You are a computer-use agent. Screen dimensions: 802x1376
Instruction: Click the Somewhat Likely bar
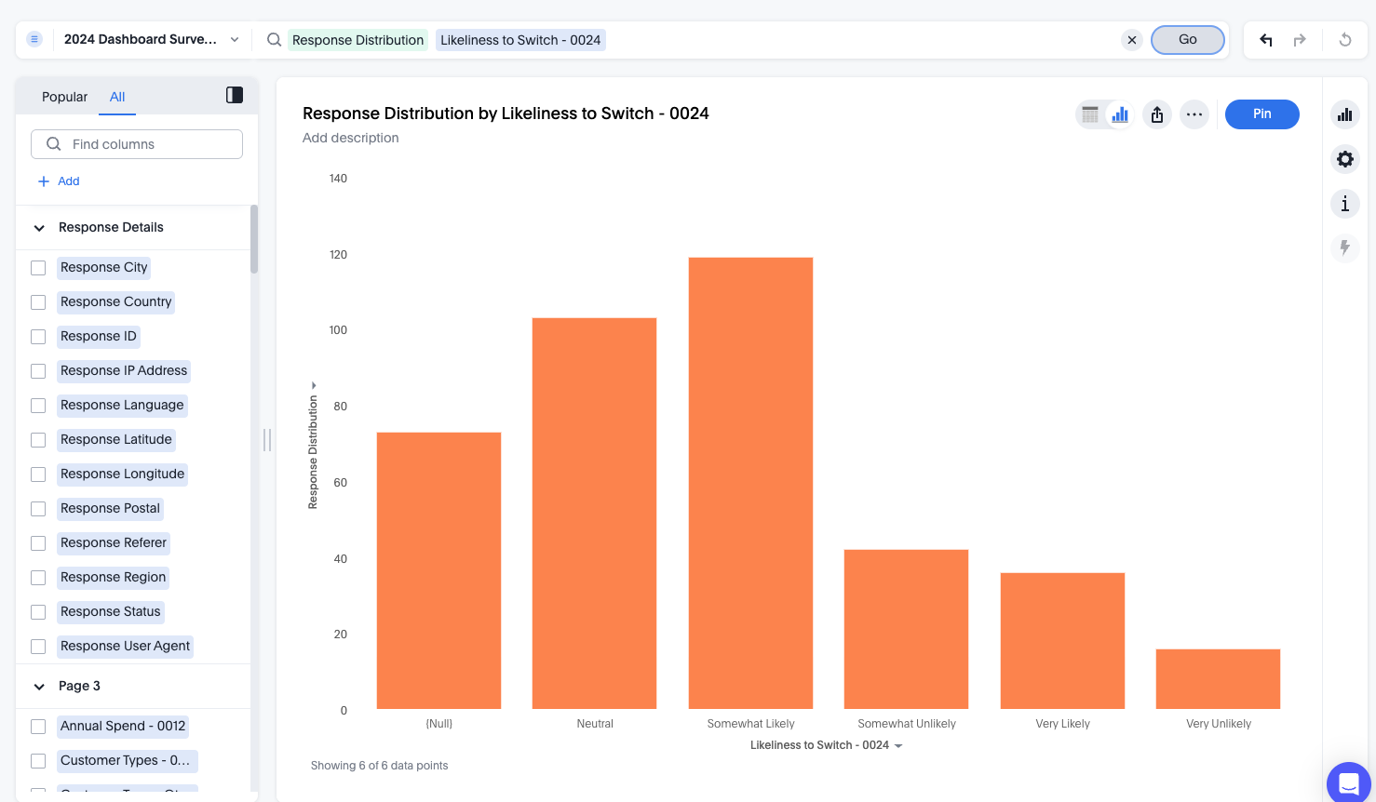coord(750,483)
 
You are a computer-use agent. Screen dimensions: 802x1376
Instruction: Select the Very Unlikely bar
coord(1218,678)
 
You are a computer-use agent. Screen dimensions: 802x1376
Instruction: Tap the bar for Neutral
coord(594,513)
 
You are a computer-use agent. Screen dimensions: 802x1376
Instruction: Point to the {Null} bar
coord(438,570)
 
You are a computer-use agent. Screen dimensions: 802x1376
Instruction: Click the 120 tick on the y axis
coord(338,255)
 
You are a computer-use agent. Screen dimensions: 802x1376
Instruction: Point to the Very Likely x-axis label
coord(1062,724)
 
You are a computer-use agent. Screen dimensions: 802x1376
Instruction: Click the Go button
coord(1187,40)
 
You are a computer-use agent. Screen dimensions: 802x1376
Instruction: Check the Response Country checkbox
coord(38,302)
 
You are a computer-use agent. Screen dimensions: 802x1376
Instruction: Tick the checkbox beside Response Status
coord(38,612)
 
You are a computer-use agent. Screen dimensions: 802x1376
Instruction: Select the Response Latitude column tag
coord(116,439)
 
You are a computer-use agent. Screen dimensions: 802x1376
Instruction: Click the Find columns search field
coord(137,144)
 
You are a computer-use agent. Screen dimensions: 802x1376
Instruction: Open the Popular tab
coord(64,97)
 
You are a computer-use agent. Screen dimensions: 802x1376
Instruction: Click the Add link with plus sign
coord(59,181)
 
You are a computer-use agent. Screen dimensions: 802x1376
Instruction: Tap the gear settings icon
coord(1344,159)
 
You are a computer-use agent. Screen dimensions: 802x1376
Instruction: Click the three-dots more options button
coord(1194,114)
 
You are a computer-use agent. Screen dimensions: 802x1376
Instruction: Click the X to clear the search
coord(1131,40)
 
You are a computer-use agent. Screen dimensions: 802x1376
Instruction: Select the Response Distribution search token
coord(357,40)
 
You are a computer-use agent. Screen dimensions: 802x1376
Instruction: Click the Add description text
coord(350,138)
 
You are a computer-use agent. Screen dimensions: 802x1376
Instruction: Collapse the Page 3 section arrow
coord(39,687)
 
